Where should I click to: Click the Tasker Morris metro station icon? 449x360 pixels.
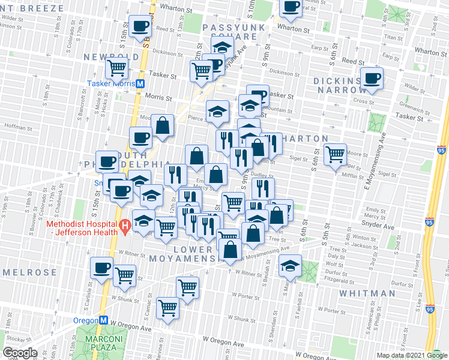[x=140, y=84]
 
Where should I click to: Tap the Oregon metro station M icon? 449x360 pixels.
[x=103, y=320]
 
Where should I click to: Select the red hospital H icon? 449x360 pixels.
[x=125, y=226]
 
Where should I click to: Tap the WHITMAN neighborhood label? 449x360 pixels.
[x=367, y=293]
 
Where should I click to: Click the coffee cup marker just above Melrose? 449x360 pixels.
[x=101, y=267]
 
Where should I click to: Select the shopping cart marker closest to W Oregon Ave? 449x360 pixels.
[x=167, y=308]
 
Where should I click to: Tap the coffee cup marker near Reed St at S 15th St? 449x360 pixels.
[x=140, y=26]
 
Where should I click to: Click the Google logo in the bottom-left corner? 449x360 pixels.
[x=20, y=353]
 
